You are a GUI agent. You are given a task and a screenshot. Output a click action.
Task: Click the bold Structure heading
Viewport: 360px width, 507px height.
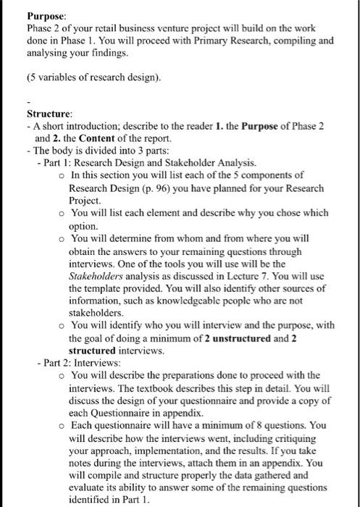(x=49, y=114)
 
